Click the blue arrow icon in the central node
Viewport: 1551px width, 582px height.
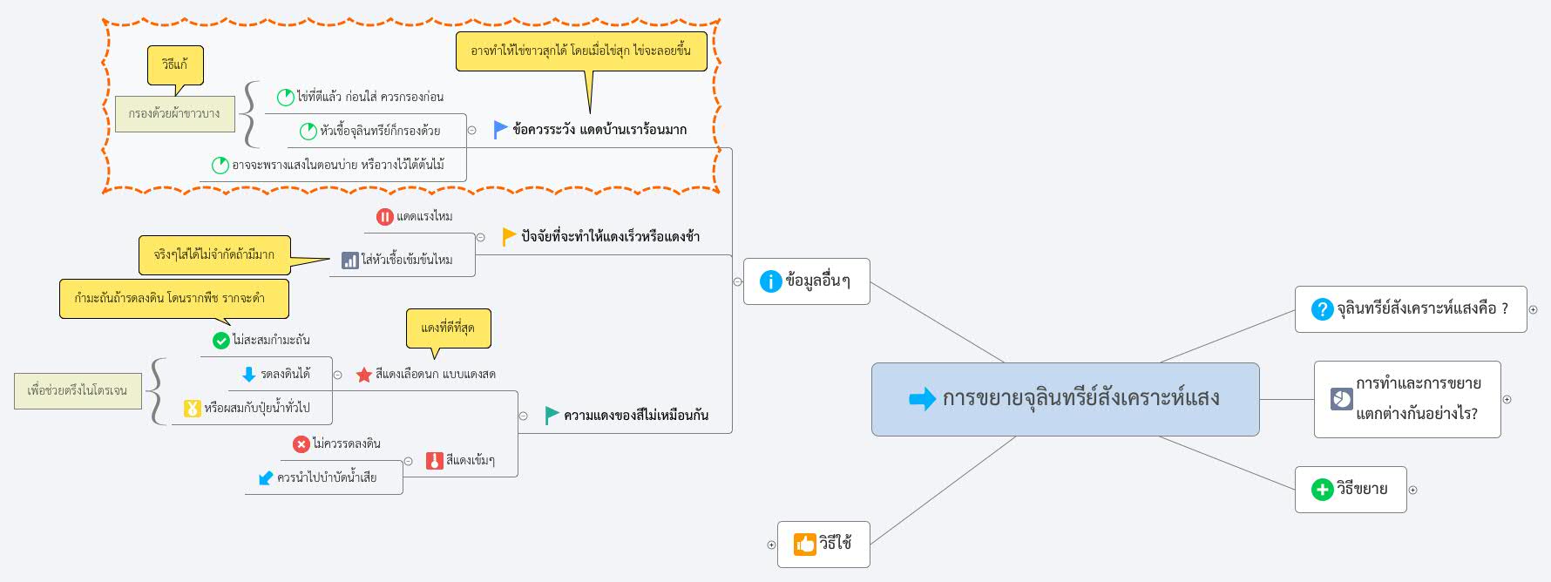tap(922, 399)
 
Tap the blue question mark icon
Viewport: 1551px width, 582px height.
tap(1322, 309)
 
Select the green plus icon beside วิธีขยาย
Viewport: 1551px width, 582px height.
tap(1322, 490)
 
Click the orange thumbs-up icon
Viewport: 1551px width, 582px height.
tap(804, 545)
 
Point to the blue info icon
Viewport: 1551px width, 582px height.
tap(770, 281)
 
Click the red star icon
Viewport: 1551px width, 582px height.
tap(364, 375)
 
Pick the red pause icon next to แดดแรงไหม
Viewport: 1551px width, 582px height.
tap(384, 217)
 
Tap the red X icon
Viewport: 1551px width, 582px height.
tap(301, 444)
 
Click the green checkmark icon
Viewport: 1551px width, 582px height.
tap(221, 341)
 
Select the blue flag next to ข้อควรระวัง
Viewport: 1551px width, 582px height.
tap(500, 130)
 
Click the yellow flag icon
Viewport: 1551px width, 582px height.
tap(509, 236)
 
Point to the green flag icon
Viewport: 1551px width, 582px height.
tap(552, 416)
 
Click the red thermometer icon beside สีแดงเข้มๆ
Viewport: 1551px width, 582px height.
tap(435, 461)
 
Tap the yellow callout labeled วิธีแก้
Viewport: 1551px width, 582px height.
tap(175, 65)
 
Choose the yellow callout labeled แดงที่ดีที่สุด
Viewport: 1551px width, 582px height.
tap(448, 328)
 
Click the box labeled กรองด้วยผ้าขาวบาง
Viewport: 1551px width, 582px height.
tap(175, 114)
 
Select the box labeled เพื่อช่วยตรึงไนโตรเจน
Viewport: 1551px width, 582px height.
tap(78, 390)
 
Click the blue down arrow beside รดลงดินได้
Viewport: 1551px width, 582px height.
tap(248, 375)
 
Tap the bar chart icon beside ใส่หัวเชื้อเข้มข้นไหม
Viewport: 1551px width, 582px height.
tap(349, 260)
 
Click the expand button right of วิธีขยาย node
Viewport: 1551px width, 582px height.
tap(1413, 490)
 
